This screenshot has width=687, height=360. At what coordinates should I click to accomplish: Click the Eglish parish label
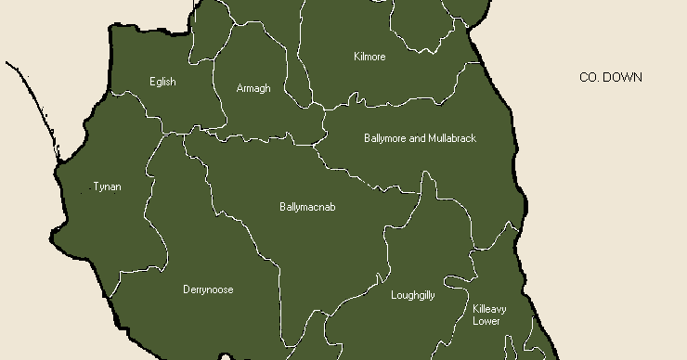(x=162, y=82)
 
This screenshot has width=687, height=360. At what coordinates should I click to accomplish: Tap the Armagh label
(x=253, y=88)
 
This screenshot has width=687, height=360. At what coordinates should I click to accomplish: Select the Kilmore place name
(x=369, y=57)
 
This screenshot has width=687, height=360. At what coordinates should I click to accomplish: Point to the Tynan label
(x=107, y=186)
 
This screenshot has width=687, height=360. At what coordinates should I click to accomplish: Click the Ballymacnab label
(x=307, y=207)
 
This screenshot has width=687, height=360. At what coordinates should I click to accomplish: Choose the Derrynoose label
(x=208, y=289)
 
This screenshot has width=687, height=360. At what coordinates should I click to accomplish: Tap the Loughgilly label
(x=413, y=295)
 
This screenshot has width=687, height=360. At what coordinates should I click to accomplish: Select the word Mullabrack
(x=452, y=138)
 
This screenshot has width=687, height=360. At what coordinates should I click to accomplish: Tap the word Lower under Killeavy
(x=486, y=321)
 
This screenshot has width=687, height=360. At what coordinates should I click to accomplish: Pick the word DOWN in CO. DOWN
(x=622, y=78)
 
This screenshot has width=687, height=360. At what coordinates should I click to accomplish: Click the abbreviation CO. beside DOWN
(x=590, y=78)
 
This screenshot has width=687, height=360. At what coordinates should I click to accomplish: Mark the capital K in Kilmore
(x=356, y=57)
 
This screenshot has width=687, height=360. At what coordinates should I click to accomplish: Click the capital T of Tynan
(x=96, y=186)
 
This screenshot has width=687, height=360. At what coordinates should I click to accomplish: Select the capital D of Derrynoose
(x=186, y=289)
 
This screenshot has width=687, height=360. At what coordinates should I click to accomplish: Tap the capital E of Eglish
(x=152, y=82)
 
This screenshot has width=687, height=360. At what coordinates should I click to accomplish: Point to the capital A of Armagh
(x=240, y=88)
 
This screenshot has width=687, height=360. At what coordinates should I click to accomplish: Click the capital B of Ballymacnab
(x=282, y=207)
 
